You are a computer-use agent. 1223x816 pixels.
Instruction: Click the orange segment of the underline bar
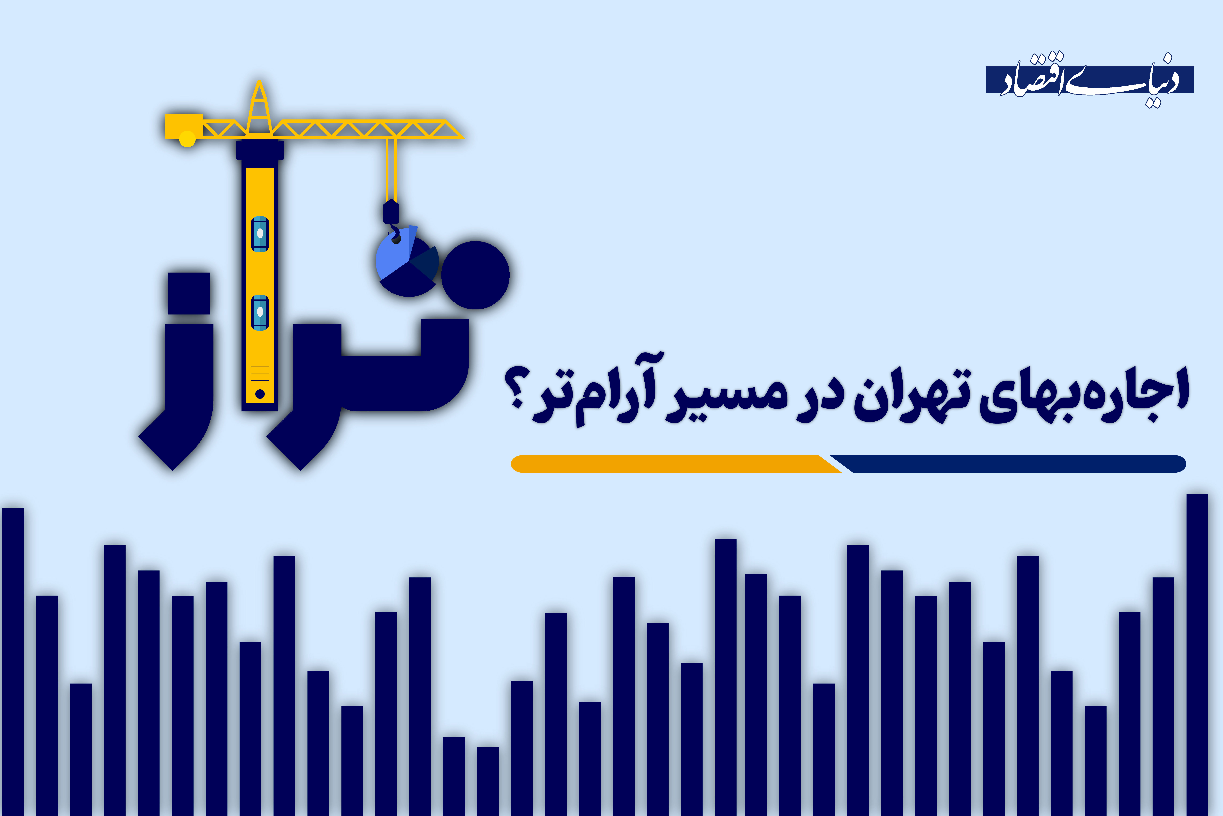tap(671, 464)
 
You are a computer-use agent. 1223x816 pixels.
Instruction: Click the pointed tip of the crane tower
tap(259, 83)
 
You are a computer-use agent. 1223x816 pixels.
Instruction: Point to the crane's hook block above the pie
tap(391, 212)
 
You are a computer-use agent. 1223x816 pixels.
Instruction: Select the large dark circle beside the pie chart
tap(475, 275)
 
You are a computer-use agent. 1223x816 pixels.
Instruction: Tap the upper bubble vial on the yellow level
tap(260, 234)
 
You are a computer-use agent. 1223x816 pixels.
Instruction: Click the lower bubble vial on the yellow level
tap(260, 312)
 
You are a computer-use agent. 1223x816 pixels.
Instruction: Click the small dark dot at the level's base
tap(260, 394)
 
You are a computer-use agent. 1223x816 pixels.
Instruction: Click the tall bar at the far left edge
tap(13, 661)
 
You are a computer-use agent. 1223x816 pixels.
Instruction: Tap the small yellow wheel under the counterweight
tap(187, 139)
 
